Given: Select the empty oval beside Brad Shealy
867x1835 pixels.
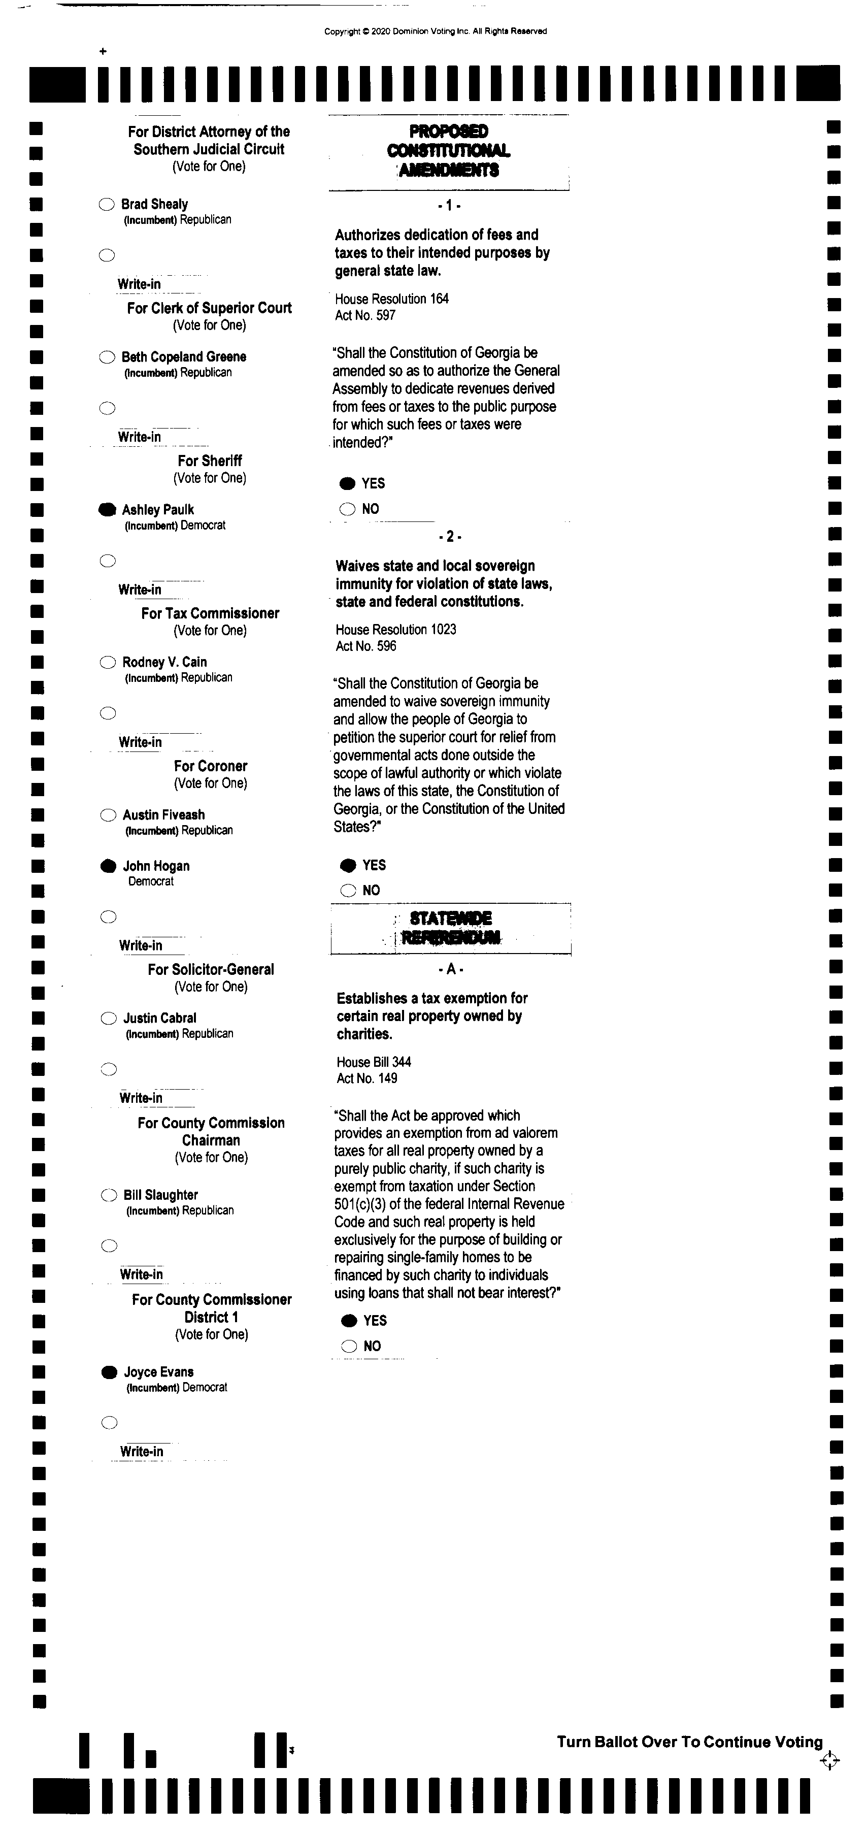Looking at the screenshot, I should [106, 205].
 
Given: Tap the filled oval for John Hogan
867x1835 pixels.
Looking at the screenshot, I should [108, 866].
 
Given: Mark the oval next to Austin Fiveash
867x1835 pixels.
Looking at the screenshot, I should [108, 815].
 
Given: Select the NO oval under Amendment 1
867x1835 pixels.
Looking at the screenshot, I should [347, 509].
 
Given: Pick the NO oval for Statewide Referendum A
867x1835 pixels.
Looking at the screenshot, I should [348, 1346].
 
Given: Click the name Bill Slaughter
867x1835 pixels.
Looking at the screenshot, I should [160, 1195].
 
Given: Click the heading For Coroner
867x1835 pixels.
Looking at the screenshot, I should [210, 766].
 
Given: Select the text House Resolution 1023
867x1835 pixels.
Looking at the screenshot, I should [396, 630].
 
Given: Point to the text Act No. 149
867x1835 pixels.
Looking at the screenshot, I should [367, 1078].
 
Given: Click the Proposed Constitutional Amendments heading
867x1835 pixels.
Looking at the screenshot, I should [448, 150].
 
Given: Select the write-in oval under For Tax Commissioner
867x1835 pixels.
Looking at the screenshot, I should [108, 713].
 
